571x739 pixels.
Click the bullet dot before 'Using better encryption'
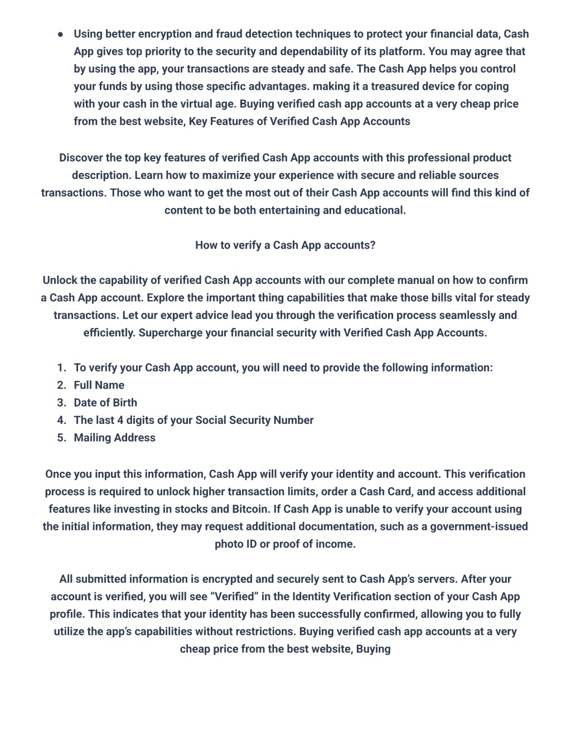click(60, 34)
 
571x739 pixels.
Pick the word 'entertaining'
click(289, 210)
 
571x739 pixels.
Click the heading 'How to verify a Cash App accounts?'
click(285, 245)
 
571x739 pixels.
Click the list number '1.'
click(61, 368)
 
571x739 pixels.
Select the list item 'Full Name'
click(99, 385)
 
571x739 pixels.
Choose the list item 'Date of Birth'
click(105, 403)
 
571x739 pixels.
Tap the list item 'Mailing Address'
click(114, 438)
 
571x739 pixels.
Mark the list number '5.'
click(61, 438)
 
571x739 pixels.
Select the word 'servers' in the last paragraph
click(436, 579)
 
